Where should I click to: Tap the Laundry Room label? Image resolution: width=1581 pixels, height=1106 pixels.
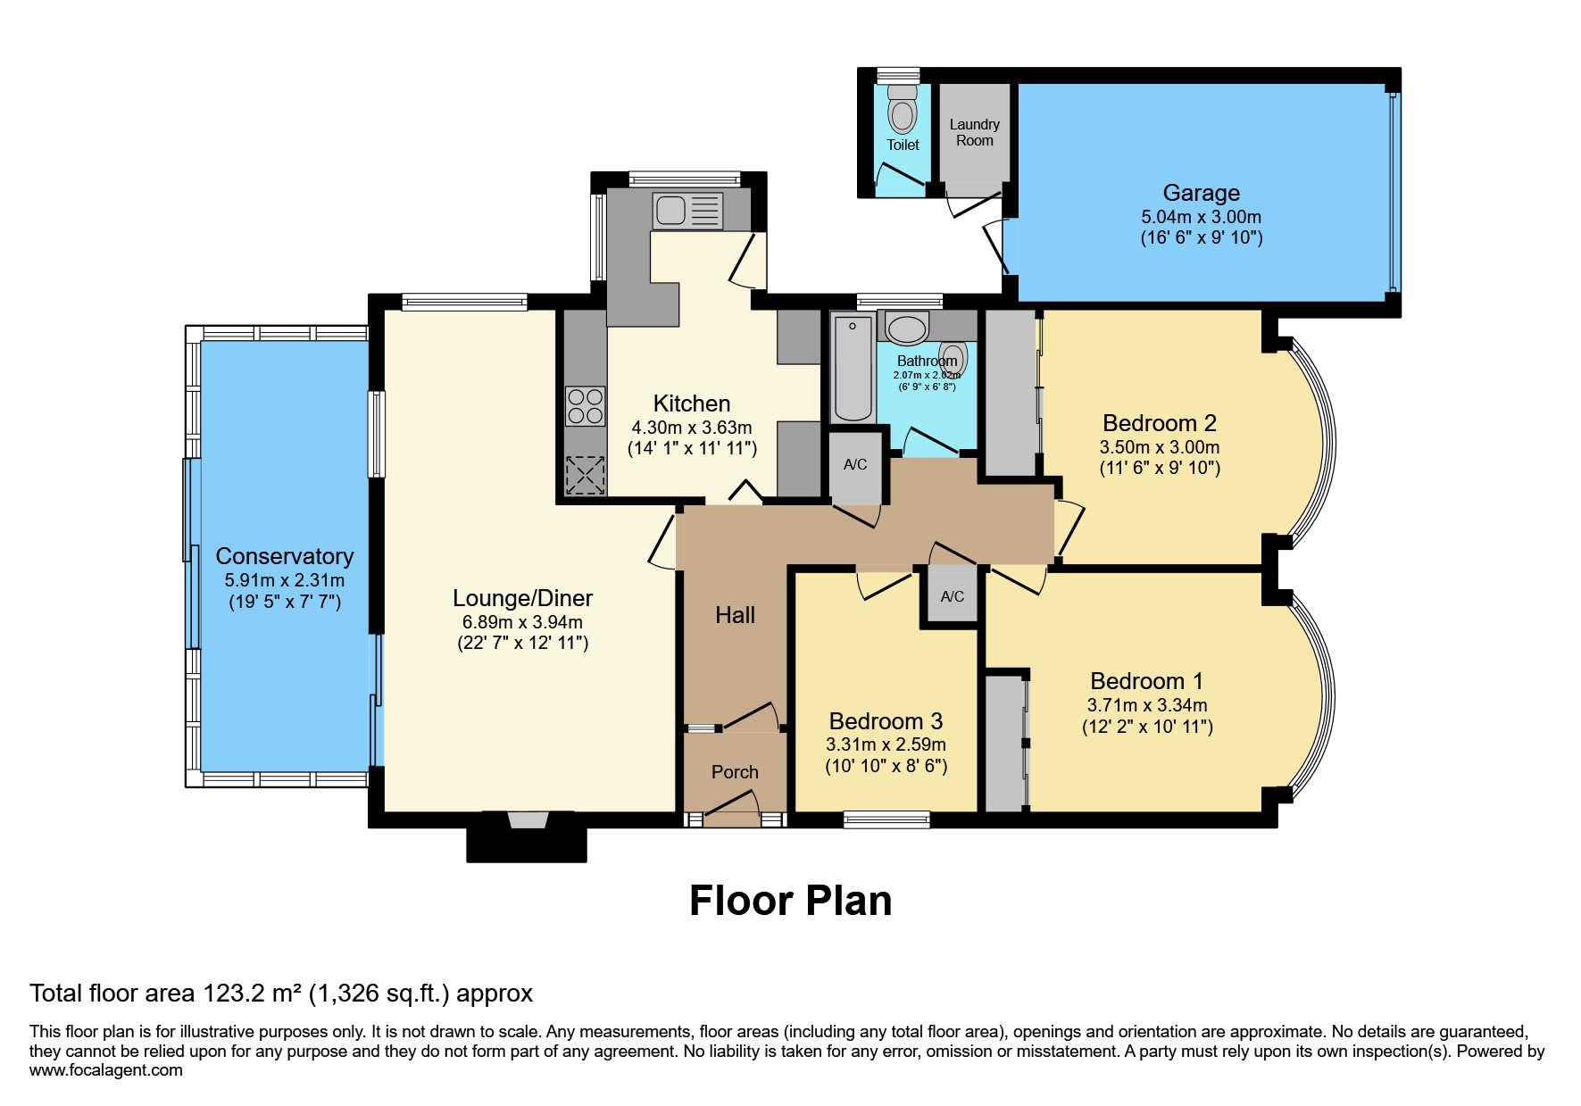[974, 133]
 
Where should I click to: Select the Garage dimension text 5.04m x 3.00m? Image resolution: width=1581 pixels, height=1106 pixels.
[1201, 217]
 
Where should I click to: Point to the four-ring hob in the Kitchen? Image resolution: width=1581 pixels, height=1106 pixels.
[586, 406]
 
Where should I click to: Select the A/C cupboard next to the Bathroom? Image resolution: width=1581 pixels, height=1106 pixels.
[855, 465]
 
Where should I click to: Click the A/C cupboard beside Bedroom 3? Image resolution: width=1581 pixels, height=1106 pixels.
[952, 596]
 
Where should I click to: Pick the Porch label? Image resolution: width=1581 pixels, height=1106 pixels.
[735, 772]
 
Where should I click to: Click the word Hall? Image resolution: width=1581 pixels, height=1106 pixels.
[735, 615]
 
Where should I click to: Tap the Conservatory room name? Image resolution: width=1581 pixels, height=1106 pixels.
[285, 556]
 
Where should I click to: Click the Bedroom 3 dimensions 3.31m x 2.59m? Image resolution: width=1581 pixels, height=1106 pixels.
[886, 744]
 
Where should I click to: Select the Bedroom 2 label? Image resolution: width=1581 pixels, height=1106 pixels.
[1159, 423]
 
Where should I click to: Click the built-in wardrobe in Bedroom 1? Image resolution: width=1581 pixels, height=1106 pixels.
[1004, 743]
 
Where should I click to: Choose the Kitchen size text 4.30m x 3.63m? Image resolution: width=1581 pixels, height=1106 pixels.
[691, 428]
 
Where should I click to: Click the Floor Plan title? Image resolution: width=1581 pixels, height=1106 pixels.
[790, 901]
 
